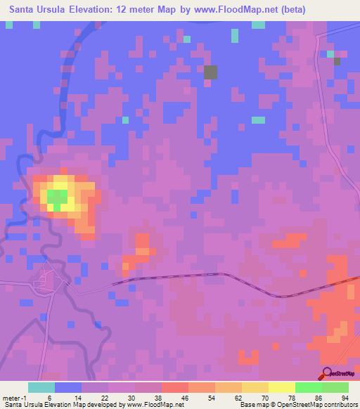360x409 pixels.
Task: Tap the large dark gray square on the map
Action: coord(210,72)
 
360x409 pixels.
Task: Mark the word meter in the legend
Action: coord(12,398)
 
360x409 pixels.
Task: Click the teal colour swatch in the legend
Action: coord(41,387)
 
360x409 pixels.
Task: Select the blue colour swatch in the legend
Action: coord(68,387)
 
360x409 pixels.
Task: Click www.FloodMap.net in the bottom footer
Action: coord(150,405)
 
